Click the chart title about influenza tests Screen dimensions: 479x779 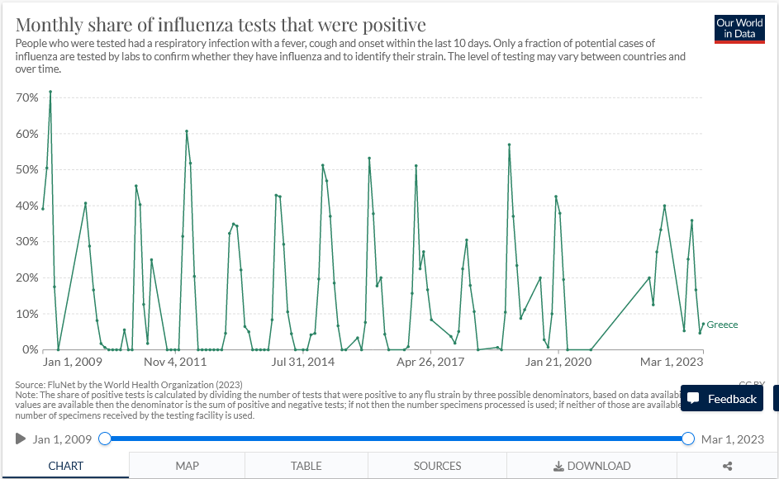click(x=221, y=24)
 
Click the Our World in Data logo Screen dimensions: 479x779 click(x=739, y=29)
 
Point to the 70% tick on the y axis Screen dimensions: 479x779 click(x=27, y=97)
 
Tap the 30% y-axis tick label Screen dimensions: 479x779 click(x=27, y=242)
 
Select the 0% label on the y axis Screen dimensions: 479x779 click(x=30, y=350)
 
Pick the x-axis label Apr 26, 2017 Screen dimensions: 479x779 click(x=430, y=362)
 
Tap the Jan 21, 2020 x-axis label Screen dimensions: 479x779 click(x=559, y=362)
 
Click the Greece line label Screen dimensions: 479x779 click(x=722, y=325)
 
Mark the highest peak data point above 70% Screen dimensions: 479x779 click(x=50, y=92)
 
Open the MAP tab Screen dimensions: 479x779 click(x=187, y=466)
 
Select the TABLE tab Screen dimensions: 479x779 click(x=306, y=466)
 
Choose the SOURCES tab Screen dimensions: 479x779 click(x=437, y=466)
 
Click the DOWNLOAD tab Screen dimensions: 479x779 click(x=591, y=466)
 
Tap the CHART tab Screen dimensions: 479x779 click(x=65, y=466)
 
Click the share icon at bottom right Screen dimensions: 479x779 click(x=728, y=466)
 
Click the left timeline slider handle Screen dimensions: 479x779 click(x=105, y=439)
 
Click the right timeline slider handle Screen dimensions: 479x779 click(x=688, y=439)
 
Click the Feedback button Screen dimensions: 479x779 click(x=722, y=399)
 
